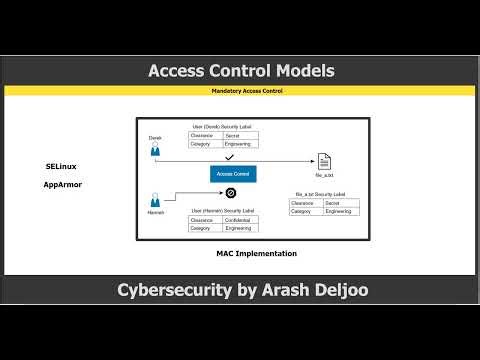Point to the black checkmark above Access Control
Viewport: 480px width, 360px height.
click(229, 157)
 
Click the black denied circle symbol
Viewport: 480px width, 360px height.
click(230, 192)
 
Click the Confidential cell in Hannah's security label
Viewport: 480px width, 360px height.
click(241, 220)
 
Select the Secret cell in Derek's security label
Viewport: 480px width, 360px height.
click(239, 135)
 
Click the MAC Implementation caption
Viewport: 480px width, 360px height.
click(256, 254)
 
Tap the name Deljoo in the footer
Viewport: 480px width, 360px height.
click(334, 291)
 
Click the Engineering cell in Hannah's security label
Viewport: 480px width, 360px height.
click(241, 229)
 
